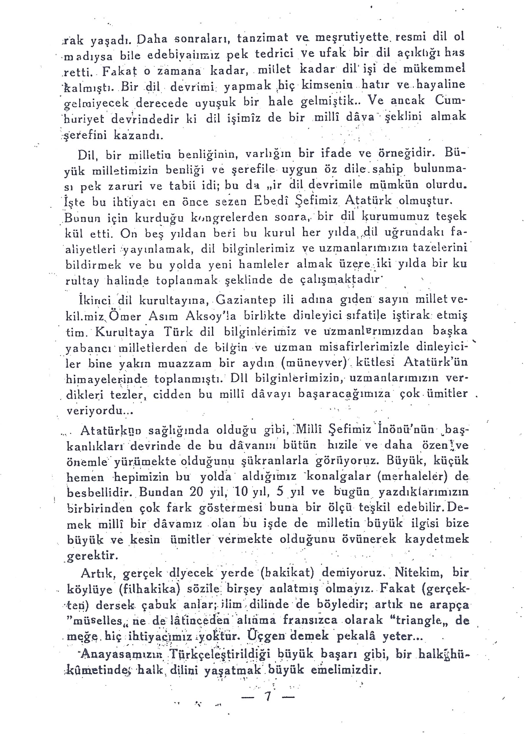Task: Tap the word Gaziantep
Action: pyautogui.click(x=246, y=301)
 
